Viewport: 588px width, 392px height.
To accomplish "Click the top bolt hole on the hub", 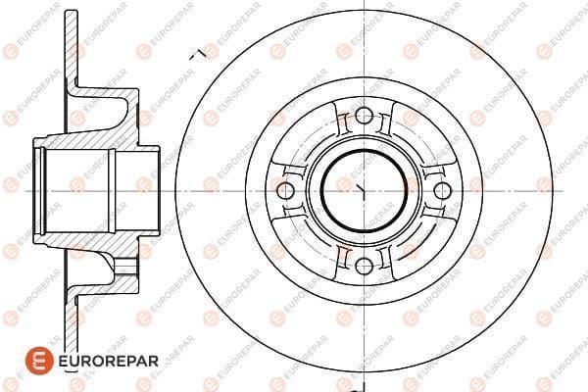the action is [364, 116].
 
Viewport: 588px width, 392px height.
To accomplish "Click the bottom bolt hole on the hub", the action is [364, 266].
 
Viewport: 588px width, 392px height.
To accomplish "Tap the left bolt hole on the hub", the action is [285, 190].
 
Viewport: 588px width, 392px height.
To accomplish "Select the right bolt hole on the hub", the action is [443, 190].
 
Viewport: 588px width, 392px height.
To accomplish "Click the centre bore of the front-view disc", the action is [364, 190].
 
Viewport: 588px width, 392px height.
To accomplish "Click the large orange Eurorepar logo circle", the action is [39, 361].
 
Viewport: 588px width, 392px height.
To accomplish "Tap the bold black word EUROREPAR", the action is [109, 361].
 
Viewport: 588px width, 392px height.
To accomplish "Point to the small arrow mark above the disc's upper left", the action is [198, 55].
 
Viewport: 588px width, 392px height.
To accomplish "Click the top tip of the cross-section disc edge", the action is [72, 11].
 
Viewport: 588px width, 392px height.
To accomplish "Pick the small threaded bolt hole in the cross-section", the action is [124, 266].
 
